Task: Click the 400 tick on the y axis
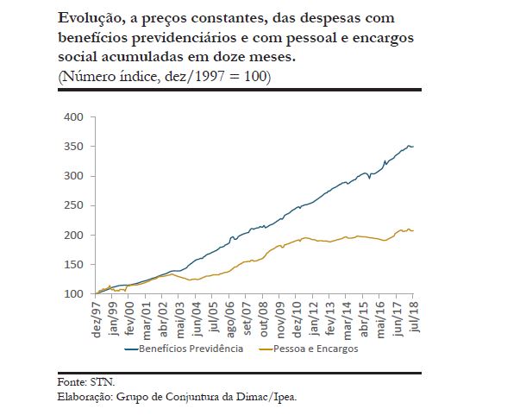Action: pyautogui.click(x=74, y=116)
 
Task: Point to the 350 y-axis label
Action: pyautogui.click(x=74, y=146)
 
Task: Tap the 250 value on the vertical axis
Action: pyautogui.click(x=74, y=205)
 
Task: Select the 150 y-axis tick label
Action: pyautogui.click(x=74, y=265)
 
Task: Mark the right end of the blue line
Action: pyautogui.click(x=413, y=147)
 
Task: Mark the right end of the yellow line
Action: pyautogui.click(x=413, y=230)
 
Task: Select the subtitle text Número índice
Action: pyautogui.click(x=104, y=77)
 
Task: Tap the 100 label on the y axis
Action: pyautogui.click(x=74, y=294)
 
